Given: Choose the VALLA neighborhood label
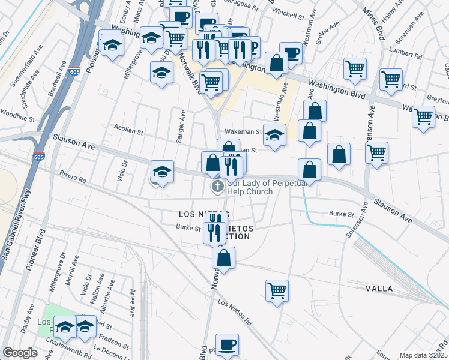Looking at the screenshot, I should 379,289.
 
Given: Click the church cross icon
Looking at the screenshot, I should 217,187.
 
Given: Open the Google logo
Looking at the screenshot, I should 20,353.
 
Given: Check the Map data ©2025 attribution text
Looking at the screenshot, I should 423,355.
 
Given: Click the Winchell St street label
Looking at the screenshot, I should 289,11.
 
